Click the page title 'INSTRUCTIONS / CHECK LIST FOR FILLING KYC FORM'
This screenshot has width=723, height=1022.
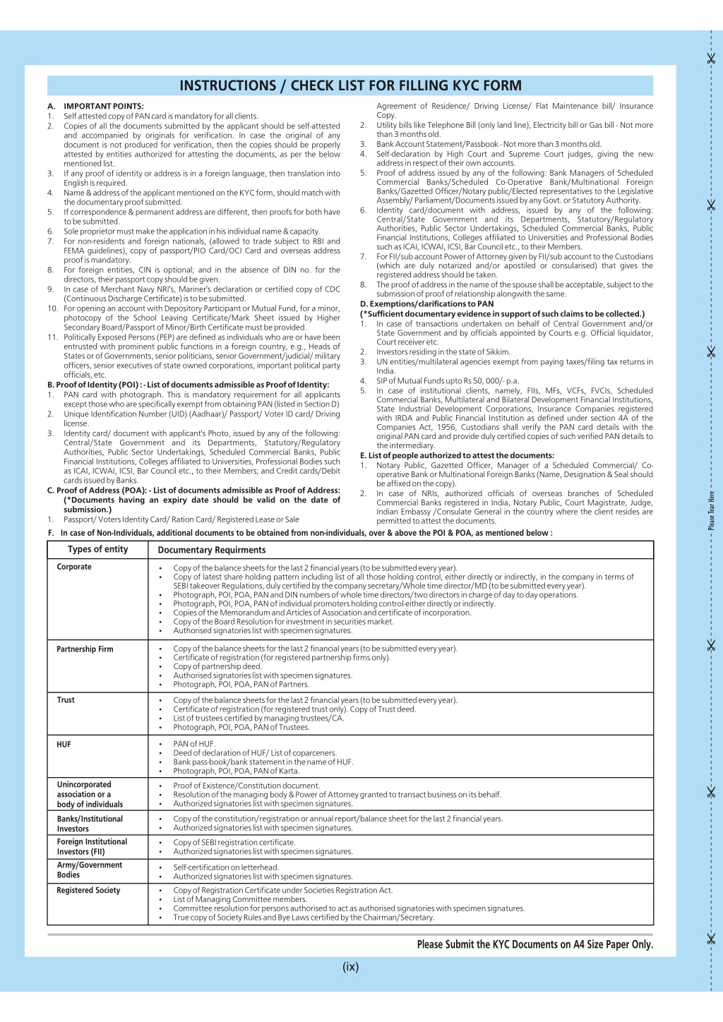[x=350, y=86]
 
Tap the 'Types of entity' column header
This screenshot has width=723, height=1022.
[x=97, y=549]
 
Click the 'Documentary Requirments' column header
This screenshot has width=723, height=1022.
[x=212, y=550]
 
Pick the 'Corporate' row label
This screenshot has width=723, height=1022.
[x=74, y=567]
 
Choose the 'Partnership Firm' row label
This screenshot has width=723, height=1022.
[x=85, y=649]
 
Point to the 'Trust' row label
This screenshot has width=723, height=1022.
[x=66, y=700]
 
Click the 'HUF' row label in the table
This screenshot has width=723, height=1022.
[x=64, y=745]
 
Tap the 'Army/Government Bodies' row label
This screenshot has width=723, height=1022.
[x=89, y=870]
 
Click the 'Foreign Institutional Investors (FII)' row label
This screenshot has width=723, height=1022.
[x=92, y=847]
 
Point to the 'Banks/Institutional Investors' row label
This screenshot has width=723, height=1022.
[x=90, y=824]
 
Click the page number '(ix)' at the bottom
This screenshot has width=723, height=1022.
[x=350, y=967]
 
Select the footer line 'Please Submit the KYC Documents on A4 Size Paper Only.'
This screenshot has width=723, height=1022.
[x=534, y=944]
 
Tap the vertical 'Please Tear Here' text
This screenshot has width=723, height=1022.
[x=711, y=510]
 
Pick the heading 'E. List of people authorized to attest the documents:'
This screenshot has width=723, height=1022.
[x=457, y=456]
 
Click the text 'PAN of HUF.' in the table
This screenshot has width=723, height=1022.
[x=194, y=744]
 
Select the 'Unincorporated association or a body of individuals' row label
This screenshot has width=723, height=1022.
[x=90, y=795]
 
